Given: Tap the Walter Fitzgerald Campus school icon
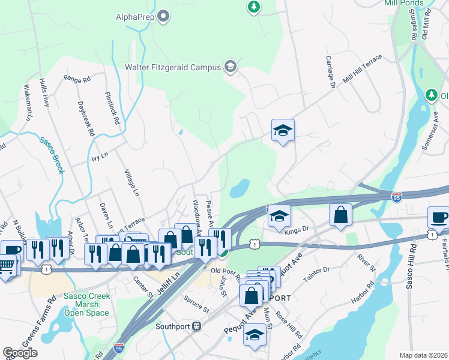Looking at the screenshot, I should coord(229,67).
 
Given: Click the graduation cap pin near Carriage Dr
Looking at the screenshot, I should coord(283,130).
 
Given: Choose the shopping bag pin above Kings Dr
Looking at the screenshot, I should coord(340,216).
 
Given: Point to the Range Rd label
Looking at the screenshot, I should coord(77,79).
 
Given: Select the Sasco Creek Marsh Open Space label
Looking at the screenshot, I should coord(86,304).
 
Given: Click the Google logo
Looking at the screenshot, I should coord(20,353).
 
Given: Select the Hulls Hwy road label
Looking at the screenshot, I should coord(44,92).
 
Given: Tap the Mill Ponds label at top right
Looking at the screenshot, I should coord(403,3).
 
